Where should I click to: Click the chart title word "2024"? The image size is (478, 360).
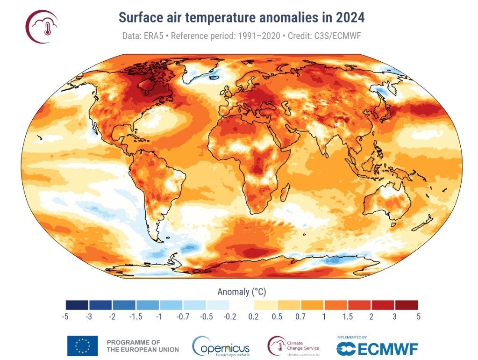(348, 17)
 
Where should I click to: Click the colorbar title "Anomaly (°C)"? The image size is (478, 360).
(242, 292)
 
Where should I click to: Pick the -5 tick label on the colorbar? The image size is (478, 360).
(65, 317)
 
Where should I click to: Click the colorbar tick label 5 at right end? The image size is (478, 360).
(418, 317)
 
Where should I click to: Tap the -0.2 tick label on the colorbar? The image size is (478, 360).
(230, 317)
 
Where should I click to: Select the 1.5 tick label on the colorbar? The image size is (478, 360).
(348, 317)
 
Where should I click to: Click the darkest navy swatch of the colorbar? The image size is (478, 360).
(77, 305)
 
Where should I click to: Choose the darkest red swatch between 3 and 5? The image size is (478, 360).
(407, 305)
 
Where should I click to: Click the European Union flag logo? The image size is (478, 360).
(82, 346)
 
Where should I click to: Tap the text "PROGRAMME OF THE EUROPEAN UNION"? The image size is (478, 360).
(143, 346)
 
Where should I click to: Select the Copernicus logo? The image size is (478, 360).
(221, 346)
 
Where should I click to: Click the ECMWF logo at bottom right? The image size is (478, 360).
(377, 347)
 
